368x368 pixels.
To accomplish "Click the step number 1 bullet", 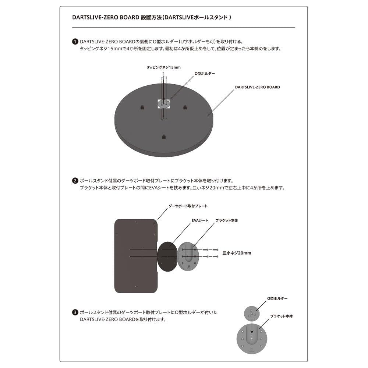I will tap(75, 42).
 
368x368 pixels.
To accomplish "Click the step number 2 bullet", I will tap(75, 181).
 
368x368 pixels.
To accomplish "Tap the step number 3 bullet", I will tap(75, 312).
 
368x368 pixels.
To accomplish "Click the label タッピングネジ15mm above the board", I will tap(164, 67).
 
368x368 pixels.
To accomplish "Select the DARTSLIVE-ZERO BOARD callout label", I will tap(257, 87).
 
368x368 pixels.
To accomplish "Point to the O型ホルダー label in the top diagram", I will tap(205, 73).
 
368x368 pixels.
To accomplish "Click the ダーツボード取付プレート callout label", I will tap(188, 206).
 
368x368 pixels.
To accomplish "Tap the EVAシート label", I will tap(200, 220).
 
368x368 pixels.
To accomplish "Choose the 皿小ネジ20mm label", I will tap(237, 253).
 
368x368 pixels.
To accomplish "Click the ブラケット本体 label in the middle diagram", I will tap(227, 220).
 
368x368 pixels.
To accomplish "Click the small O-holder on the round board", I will tap(164, 104).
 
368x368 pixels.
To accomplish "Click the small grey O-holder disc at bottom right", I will tap(252, 314).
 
